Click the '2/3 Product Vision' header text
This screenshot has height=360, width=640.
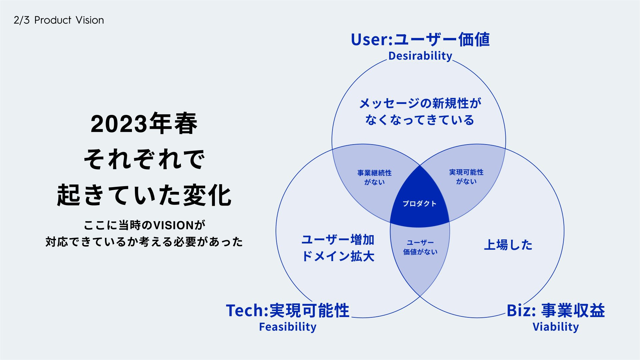click(x=59, y=20)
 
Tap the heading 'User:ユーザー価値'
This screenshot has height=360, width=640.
click(x=420, y=39)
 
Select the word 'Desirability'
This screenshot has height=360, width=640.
click(x=420, y=56)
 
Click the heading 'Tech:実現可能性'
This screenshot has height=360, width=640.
click(x=288, y=310)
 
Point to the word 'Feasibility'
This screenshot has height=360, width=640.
click(x=288, y=327)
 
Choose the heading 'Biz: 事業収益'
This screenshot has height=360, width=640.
click(x=556, y=310)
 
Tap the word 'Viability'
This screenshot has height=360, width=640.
click(x=556, y=327)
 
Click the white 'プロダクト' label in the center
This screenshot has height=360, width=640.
click(x=419, y=203)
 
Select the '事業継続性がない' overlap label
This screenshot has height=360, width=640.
click(x=374, y=178)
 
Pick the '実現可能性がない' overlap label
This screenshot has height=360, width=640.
click(x=466, y=177)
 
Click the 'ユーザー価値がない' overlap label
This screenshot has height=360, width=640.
click(x=420, y=247)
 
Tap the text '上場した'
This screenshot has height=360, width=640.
click(x=508, y=245)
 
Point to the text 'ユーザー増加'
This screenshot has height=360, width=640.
click(x=338, y=240)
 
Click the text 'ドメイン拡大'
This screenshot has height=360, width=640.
click(x=338, y=256)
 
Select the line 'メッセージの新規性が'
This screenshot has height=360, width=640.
click(x=420, y=103)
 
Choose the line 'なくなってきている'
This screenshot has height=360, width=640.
click(x=419, y=120)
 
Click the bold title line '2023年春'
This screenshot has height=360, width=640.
click(x=144, y=124)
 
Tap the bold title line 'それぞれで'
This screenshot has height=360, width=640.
click(x=144, y=159)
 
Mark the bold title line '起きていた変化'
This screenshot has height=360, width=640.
click(x=144, y=195)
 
